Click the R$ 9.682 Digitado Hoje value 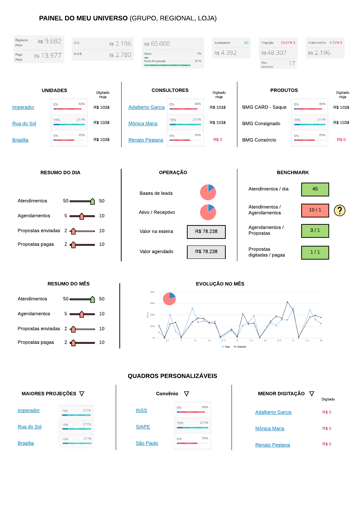pyautogui.click(x=50, y=41)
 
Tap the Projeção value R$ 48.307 pyautogui.click(x=274, y=53)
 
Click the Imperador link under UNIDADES pyautogui.click(x=23, y=107)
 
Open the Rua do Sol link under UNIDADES pyautogui.click(x=24, y=123)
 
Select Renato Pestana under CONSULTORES pyautogui.click(x=146, y=140)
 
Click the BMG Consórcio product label pyautogui.click(x=259, y=140)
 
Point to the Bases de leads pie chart pyautogui.click(x=208, y=192)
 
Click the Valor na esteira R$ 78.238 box pyautogui.click(x=206, y=232)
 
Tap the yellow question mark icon pyautogui.click(x=339, y=210)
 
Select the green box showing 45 pyautogui.click(x=315, y=189)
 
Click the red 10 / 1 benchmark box pyautogui.click(x=315, y=210)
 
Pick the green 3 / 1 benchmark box pyautogui.click(x=315, y=231)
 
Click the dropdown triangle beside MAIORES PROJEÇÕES pyautogui.click(x=82, y=394)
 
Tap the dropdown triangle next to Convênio pyautogui.click(x=187, y=394)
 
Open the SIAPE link pyautogui.click(x=143, y=427)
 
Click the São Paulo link pyautogui.click(x=147, y=443)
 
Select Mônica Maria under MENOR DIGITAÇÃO pyautogui.click(x=270, y=428)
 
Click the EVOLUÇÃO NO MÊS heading pyautogui.click(x=220, y=284)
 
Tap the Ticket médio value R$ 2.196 pyautogui.click(x=319, y=53)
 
